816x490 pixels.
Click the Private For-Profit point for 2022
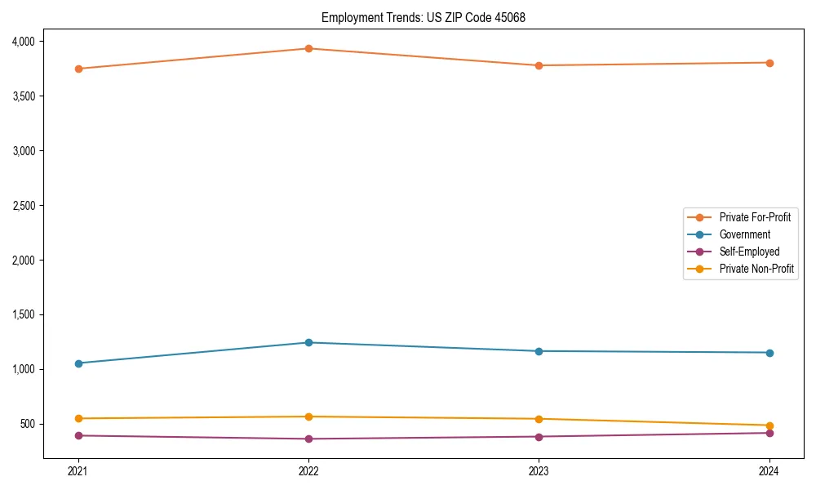pos(308,48)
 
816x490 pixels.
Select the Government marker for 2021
pos(78,363)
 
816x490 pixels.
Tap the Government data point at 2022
pos(308,342)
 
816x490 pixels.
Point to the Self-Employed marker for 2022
pos(308,439)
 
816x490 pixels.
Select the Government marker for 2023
pos(539,351)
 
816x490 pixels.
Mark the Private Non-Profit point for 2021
pos(78,418)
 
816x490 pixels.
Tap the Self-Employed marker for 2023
pos(539,436)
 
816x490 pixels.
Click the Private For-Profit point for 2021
pos(78,69)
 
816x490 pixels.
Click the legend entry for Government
pos(744,234)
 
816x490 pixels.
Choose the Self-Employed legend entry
pos(749,252)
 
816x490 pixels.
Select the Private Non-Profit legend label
pos(756,269)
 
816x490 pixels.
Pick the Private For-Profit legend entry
pos(754,217)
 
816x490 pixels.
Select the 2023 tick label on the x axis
pos(539,471)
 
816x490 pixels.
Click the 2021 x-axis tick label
pos(78,471)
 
